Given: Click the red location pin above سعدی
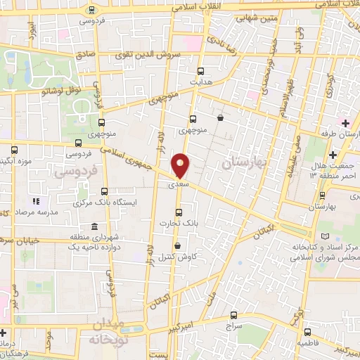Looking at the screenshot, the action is [181, 165].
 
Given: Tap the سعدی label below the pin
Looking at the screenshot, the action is [179, 185].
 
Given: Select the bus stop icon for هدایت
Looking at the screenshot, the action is [202, 70].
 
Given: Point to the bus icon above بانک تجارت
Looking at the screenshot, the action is [178, 212].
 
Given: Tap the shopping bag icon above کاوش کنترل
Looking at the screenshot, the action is [177, 245].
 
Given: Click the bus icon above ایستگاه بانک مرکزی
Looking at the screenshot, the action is [105, 191].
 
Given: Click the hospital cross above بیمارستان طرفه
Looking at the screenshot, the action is [345, 122].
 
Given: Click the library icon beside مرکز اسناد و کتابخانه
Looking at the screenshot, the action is [324, 236].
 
